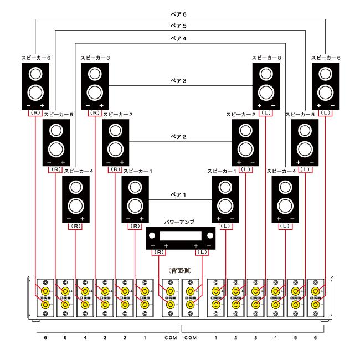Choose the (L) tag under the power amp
[202, 253]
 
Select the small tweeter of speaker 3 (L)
[266, 72]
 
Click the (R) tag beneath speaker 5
[56, 168]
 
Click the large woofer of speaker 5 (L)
[305, 148]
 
